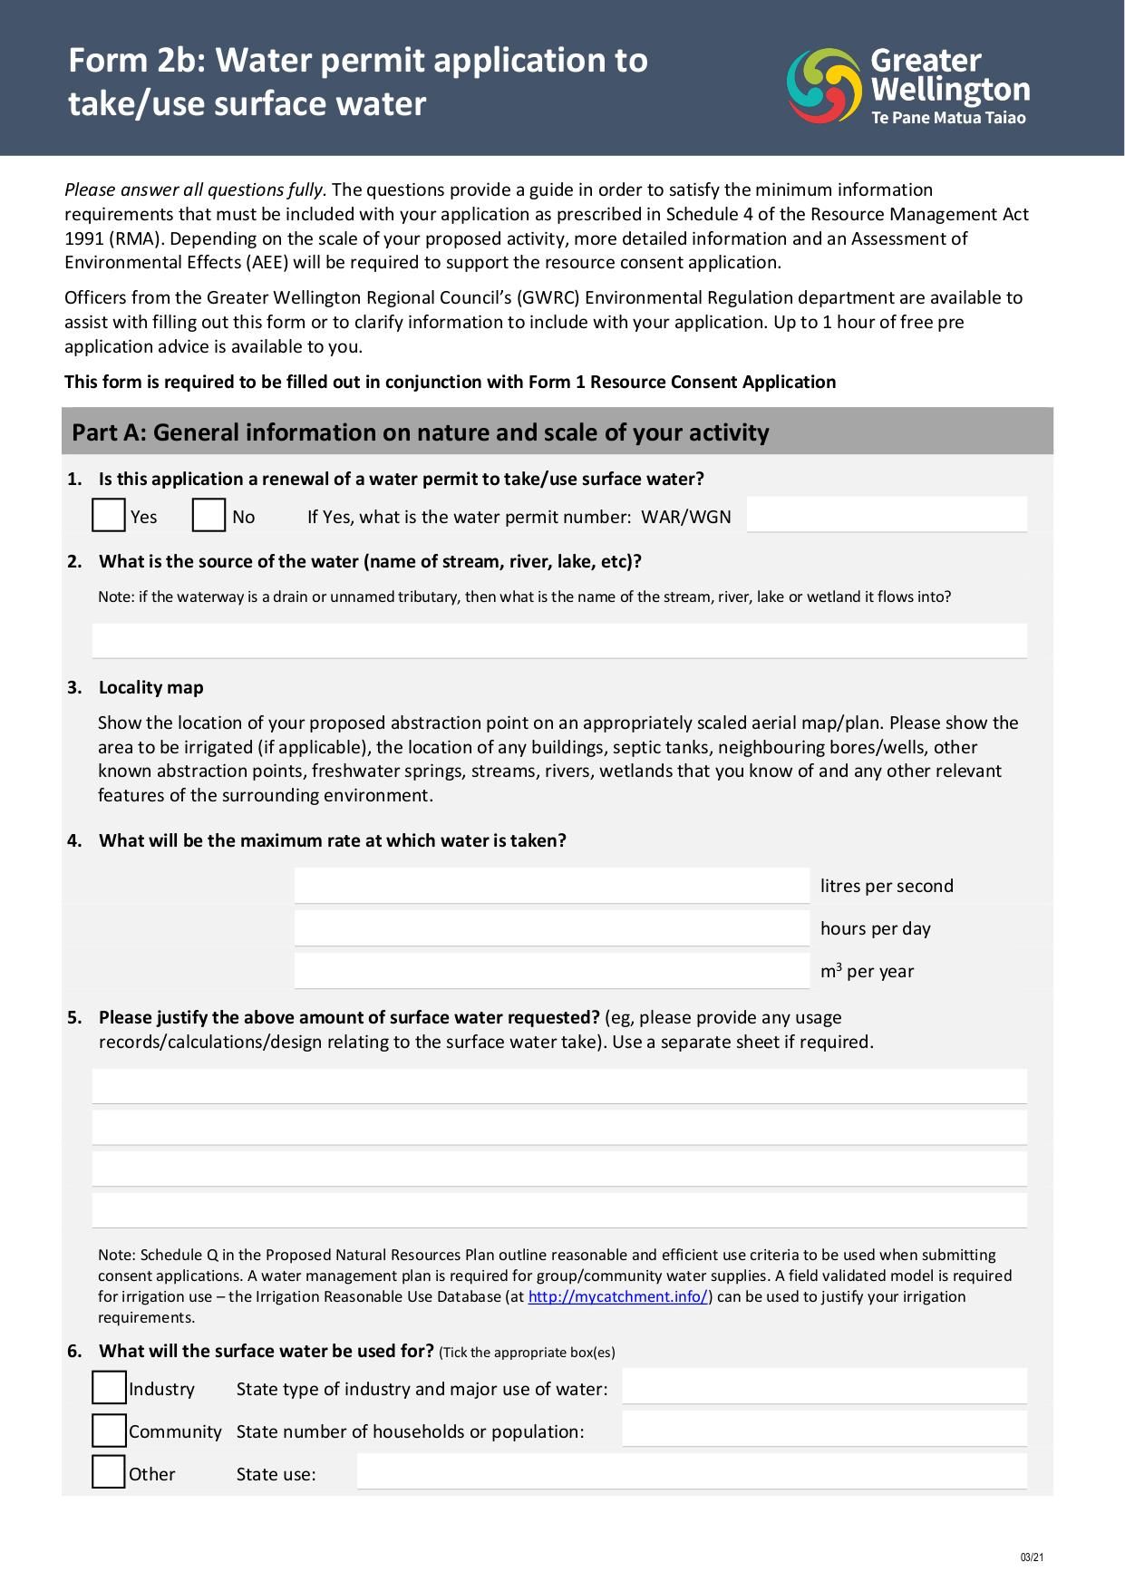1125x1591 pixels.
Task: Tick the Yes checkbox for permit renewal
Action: pyautogui.click(x=109, y=515)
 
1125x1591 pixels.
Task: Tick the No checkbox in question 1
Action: pyautogui.click(x=209, y=515)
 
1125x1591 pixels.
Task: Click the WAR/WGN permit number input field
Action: pyautogui.click(x=886, y=514)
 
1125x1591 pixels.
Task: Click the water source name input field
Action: pyautogui.click(x=558, y=640)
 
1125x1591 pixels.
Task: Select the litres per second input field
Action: pyautogui.click(x=551, y=886)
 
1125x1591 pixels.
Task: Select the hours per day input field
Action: pyautogui.click(x=551, y=928)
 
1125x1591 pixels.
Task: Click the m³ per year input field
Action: pyautogui.click(x=551, y=971)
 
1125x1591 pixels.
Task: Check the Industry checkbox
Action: pyautogui.click(x=109, y=1388)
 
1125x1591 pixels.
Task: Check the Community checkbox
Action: pyautogui.click(x=109, y=1431)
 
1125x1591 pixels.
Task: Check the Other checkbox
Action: pyautogui.click(x=109, y=1472)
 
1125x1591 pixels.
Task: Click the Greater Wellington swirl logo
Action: pyautogui.click(x=823, y=86)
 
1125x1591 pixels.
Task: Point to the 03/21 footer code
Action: pyautogui.click(x=1032, y=1557)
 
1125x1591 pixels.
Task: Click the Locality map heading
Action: pyautogui.click(x=150, y=687)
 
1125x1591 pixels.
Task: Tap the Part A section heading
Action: pyautogui.click(x=420, y=432)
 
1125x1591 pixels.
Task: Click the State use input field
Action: pyautogui.click(x=691, y=1472)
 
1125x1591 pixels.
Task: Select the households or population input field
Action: pyautogui.click(x=823, y=1430)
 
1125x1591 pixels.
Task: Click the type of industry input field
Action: pyautogui.click(x=823, y=1387)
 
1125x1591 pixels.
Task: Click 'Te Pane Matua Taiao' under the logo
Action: pyautogui.click(x=948, y=118)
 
